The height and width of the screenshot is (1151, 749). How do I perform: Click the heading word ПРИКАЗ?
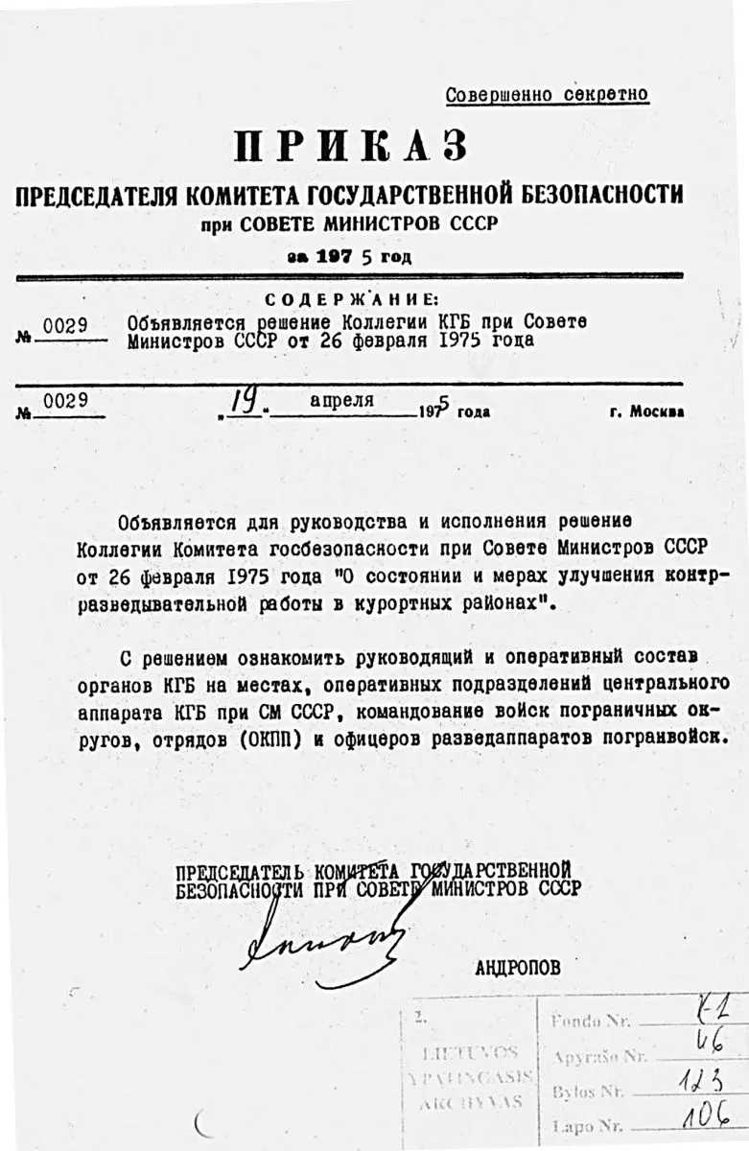[x=351, y=147]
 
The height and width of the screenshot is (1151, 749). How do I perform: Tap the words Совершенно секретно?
[x=547, y=95]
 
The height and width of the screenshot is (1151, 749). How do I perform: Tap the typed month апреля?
[x=341, y=401]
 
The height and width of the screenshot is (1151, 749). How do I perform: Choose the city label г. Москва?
[x=646, y=412]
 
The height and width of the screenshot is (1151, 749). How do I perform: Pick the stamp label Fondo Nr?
[x=591, y=1022]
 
